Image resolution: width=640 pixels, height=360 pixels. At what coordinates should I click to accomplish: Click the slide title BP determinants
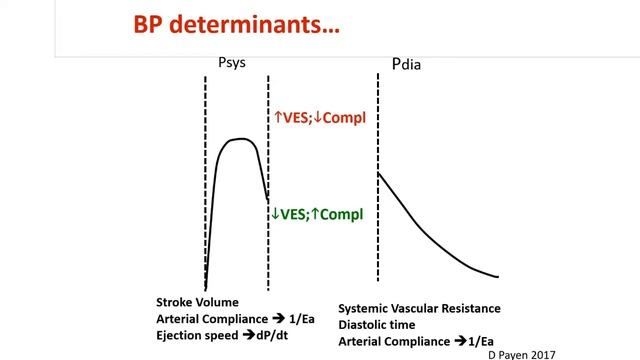click(x=239, y=25)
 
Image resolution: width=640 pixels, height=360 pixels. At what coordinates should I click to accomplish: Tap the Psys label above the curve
click(x=231, y=63)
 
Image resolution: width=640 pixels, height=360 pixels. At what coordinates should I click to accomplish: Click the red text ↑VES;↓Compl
click(x=320, y=118)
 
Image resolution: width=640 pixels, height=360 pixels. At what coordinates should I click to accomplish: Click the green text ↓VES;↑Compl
click(x=319, y=213)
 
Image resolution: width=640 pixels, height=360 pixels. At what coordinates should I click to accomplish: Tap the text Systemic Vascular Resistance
click(x=419, y=309)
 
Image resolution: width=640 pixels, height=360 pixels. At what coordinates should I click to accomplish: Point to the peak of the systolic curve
click(x=239, y=139)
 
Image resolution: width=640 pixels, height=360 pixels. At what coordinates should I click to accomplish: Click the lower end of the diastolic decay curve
click(x=496, y=277)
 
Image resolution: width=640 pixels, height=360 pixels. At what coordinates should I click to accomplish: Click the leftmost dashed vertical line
click(x=206, y=180)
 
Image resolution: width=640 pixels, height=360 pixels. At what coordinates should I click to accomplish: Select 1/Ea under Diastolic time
click(x=478, y=341)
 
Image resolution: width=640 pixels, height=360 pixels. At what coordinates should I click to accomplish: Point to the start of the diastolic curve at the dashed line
click(x=378, y=174)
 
